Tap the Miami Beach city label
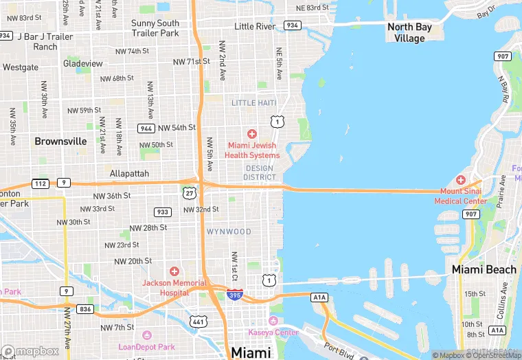point(484,269)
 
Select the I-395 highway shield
point(234,295)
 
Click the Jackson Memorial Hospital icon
point(174,272)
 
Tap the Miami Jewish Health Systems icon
point(252,134)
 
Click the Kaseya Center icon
point(273,322)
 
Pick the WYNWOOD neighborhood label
point(229,232)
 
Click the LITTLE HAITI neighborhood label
point(253,103)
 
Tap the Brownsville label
point(61,141)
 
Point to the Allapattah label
point(129,174)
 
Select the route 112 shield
point(40,183)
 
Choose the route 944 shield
point(146,128)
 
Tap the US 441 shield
point(198,321)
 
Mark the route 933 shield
point(162,212)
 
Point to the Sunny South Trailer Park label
point(155,27)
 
